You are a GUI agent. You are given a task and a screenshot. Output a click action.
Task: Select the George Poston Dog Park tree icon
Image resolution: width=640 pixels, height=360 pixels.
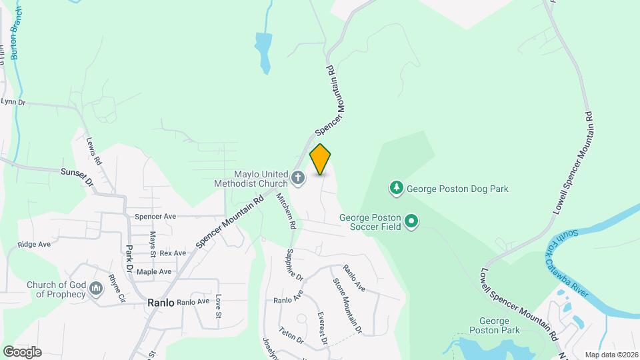pyautogui.click(x=397, y=189)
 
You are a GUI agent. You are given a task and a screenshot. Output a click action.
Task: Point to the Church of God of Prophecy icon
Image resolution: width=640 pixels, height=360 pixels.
pyautogui.click(x=97, y=289)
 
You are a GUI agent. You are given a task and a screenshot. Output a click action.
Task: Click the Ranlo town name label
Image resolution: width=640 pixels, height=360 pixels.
pyautogui.click(x=161, y=303)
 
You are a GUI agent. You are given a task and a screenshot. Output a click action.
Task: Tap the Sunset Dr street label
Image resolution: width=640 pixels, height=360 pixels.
pyautogui.click(x=75, y=176)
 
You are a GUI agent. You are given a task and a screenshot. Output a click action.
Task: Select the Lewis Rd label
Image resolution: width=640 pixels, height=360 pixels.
pyautogui.click(x=93, y=151)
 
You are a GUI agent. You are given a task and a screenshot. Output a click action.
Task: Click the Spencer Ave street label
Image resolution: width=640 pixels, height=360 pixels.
pyautogui.click(x=155, y=217)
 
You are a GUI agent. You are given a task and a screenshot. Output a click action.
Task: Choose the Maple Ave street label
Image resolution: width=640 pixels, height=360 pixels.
pyautogui.click(x=154, y=272)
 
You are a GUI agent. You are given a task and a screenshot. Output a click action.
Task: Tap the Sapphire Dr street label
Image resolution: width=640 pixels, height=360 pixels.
pyautogui.click(x=294, y=265)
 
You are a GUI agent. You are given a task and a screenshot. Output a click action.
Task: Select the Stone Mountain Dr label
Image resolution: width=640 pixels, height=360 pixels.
pyautogui.click(x=347, y=304)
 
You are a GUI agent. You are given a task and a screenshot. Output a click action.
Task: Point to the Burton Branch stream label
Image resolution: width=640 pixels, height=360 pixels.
pyautogui.click(x=15, y=33)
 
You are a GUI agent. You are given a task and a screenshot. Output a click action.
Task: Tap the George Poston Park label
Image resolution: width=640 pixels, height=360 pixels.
pyautogui.click(x=493, y=325)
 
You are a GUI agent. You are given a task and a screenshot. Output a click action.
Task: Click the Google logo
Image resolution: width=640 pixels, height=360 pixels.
pyautogui.click(x=22, y=352)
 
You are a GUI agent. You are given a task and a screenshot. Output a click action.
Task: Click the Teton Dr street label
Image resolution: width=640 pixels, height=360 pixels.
pyautogui.click(x=291, y=335)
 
